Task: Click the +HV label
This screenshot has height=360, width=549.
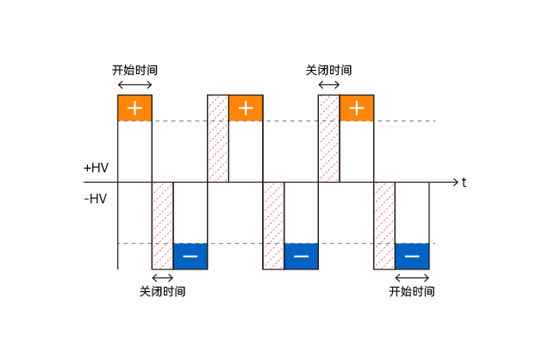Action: (x=96, y=167)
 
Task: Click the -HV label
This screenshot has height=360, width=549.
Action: (x=96, y=199)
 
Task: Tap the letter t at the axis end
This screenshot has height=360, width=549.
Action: (x=464, y=183)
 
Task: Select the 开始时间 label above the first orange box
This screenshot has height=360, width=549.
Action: (x=134, y=70)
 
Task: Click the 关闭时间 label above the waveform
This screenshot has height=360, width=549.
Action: (x=328, y=70)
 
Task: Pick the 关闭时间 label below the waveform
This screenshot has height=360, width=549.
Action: (x=162, y=292)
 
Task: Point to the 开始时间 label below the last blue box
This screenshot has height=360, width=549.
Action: (x=412, y=292)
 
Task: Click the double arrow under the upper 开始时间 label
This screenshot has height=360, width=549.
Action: (x=134, y=84)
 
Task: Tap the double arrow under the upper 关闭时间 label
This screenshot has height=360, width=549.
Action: (x=328, y=84)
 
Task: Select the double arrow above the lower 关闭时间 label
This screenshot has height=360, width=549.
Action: (x=162, y=277)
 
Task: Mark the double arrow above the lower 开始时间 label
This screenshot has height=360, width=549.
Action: (x=412, y=277)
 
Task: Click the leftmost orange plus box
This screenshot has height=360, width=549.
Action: (x=134, y=108)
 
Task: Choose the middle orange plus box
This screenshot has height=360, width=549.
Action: (x=246, y=108)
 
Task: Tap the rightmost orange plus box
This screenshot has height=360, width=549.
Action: (x=356, y=108)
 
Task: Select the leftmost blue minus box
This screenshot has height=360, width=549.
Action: (x=190, y=257)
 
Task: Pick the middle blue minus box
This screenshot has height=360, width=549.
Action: (x=301, y=257)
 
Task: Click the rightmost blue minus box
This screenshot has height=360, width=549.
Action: (x=412, y=257)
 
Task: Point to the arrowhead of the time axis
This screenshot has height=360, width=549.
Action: (x=455, y=183)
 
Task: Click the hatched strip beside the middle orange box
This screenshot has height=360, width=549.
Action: (x=218, y=138)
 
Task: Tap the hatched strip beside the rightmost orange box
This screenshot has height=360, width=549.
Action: (x=328, y=138)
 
